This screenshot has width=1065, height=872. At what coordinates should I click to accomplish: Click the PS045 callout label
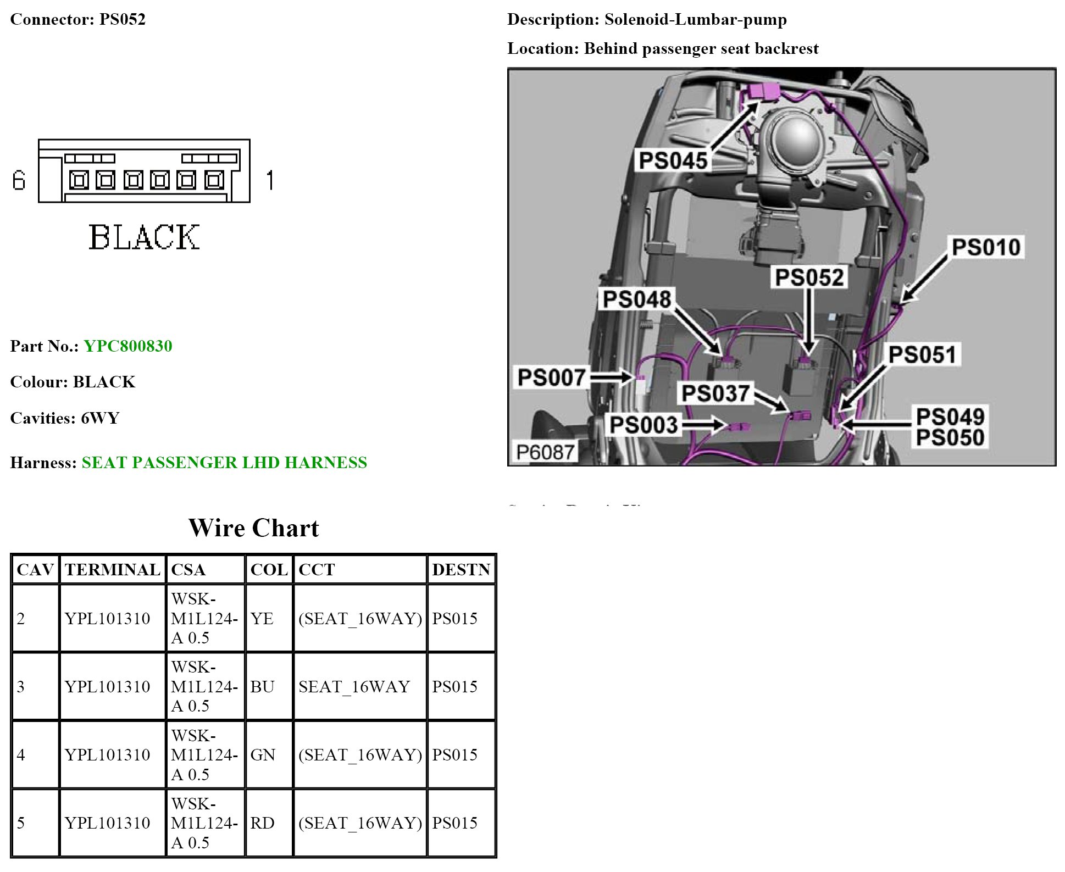(673, 161)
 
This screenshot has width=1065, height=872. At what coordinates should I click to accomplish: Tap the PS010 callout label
(986, 247)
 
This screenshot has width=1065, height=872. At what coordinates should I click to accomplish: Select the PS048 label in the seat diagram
(636, 299)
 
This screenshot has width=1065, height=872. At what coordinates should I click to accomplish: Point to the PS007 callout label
(551, 377)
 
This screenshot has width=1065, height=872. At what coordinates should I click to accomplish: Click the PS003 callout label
(644, 425)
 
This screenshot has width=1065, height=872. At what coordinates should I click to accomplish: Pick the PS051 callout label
(923, 354)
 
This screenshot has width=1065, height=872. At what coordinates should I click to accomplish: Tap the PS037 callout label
(715, 393)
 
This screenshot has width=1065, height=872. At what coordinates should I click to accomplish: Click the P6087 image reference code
(545, 452)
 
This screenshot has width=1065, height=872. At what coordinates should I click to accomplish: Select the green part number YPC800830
(127, 346)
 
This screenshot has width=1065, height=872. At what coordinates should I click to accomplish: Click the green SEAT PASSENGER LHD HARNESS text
(224, 463)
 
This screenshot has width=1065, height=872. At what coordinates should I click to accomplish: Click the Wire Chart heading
(253, 528)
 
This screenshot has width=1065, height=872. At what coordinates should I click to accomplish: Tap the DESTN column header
(461, 570)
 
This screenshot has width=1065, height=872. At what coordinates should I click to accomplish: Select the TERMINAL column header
(113, 570)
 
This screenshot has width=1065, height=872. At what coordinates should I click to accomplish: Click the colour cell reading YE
(262, 619)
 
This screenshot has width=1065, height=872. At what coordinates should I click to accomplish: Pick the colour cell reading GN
(263, 755)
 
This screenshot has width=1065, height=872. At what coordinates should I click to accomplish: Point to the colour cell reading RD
(262, 823)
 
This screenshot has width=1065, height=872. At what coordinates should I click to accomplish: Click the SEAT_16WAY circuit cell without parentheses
(354, 687)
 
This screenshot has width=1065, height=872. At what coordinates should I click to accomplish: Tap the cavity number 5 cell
(21, 823)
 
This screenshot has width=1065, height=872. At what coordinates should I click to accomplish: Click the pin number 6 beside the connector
(19, 180)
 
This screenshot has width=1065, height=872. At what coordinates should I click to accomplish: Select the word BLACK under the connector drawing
(144, 237)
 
